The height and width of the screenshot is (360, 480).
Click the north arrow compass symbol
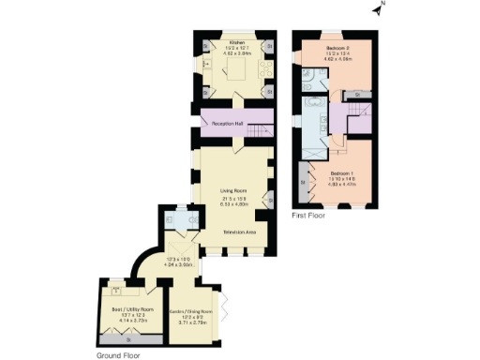pyautogui.click(x=377, y=10)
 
